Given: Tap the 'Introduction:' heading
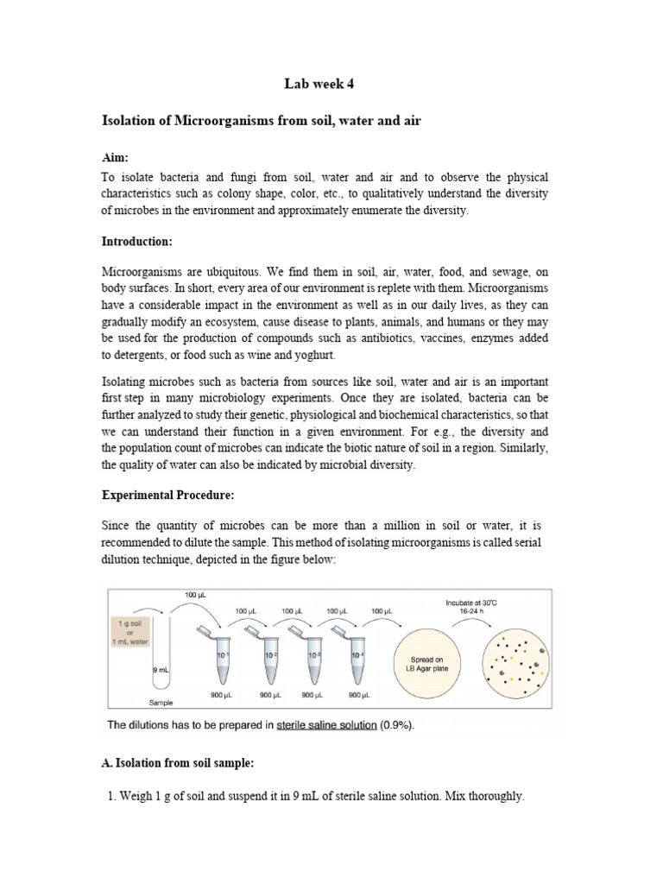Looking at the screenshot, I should click(138, 243).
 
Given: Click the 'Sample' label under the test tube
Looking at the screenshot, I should click(162, 703).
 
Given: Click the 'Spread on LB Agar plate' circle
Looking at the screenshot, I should click(429, 664).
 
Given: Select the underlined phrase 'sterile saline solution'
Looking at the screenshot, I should click(326, 725).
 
